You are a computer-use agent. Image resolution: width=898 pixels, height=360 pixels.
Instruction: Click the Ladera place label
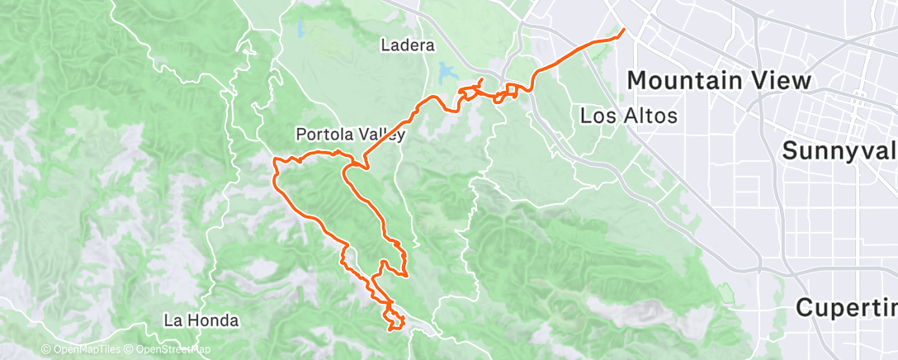[x=408, y=45]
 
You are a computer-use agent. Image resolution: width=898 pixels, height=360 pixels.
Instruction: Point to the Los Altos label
[x=629, y=116]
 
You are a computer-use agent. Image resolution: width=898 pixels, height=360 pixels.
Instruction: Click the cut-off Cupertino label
[x=846, y=307]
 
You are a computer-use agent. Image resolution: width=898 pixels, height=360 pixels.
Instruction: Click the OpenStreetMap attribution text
[x=171, y=350]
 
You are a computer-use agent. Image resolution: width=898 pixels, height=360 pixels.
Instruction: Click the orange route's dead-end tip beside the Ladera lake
[x=483, y=79]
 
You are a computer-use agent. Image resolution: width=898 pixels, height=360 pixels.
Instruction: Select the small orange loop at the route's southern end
[x=395, y=320]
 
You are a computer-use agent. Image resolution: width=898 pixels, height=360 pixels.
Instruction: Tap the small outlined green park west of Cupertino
[x=725, y=292]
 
